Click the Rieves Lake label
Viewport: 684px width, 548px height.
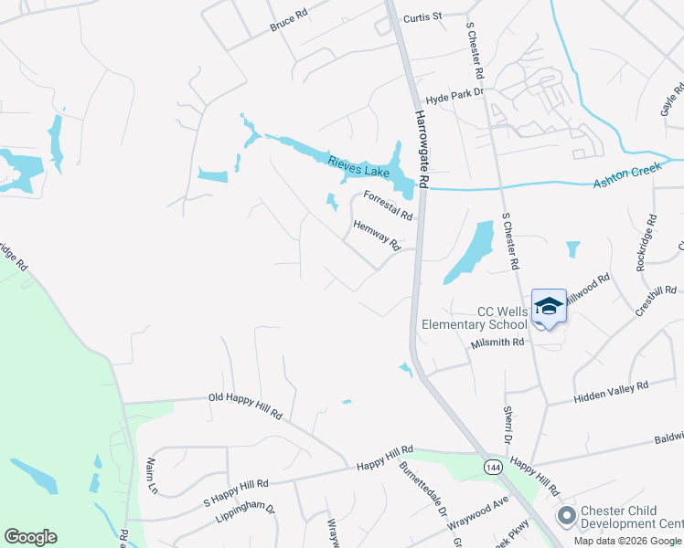(x=359, y=167)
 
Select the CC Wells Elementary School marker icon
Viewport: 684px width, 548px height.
(x=549, y=307)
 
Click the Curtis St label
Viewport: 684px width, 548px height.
(x=423, y=16)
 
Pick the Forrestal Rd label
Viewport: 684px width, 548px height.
(x=389, y=204)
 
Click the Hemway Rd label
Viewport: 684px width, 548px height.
(x=378, y=233)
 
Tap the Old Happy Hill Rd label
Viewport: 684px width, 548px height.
(x=245, y=406)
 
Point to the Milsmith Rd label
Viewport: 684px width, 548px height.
(x=497, y=342)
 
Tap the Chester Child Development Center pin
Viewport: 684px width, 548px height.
(x=566, y=516)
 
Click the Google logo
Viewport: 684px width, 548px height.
(x=30, y=537)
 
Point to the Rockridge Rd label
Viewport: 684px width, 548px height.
(x=647, y=242)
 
